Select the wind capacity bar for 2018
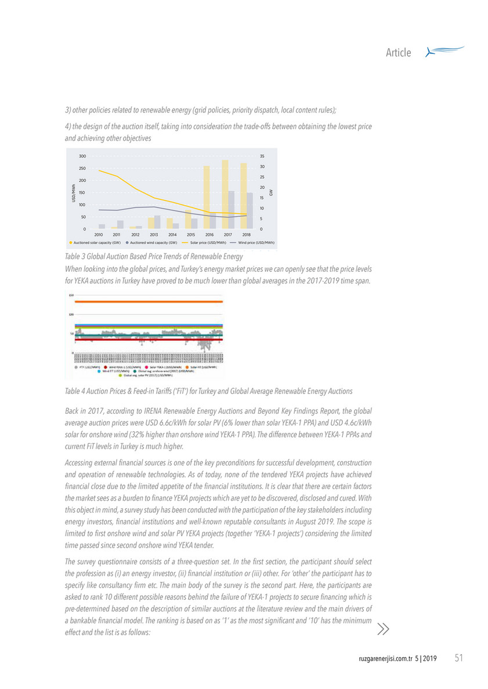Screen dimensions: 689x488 coord(250,210)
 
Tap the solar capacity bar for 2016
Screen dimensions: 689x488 coord(206,197)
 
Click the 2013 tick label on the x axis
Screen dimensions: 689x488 coord(154,234)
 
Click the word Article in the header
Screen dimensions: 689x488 coord(399,53)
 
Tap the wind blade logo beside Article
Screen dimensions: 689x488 coord(444,52)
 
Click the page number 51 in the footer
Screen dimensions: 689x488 coord(458,658)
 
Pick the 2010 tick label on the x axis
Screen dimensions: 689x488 coord(99,234)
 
